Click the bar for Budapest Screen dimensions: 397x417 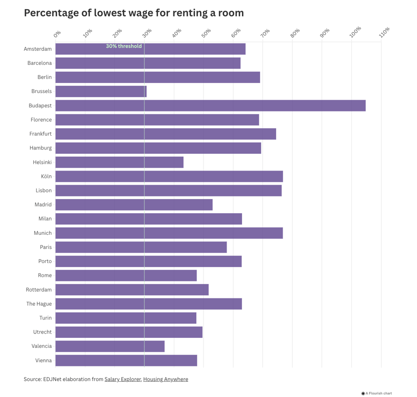(x=210, y=106)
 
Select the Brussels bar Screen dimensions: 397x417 (x=101, y=91)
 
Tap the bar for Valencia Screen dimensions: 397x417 (x=110, y=346)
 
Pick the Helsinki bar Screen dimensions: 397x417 (x=119, y=162)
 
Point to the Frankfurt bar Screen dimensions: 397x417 (x=165, y=134)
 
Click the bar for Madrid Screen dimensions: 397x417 (x=134, y=205)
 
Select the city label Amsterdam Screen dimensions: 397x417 (x=38, y=49)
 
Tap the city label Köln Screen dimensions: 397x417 (x=46, y=177)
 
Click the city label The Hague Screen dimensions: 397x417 (x=39, y=304)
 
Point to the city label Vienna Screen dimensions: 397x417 (x=43, y=360)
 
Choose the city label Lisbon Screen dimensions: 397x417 (x=43, y=190)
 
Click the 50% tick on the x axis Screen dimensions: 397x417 (x=206, y=32)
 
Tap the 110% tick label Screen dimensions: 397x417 (x=384, y=31)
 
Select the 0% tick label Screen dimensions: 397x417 (x=57, y=33)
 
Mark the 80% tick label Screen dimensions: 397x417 (x=295, y=32)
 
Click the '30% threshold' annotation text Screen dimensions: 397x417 (x=124, y=46)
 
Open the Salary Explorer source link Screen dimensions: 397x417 (x=122, y=379)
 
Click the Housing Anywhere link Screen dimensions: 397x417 (x=165, y=379)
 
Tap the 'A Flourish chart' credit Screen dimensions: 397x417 (x=377, y=394)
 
